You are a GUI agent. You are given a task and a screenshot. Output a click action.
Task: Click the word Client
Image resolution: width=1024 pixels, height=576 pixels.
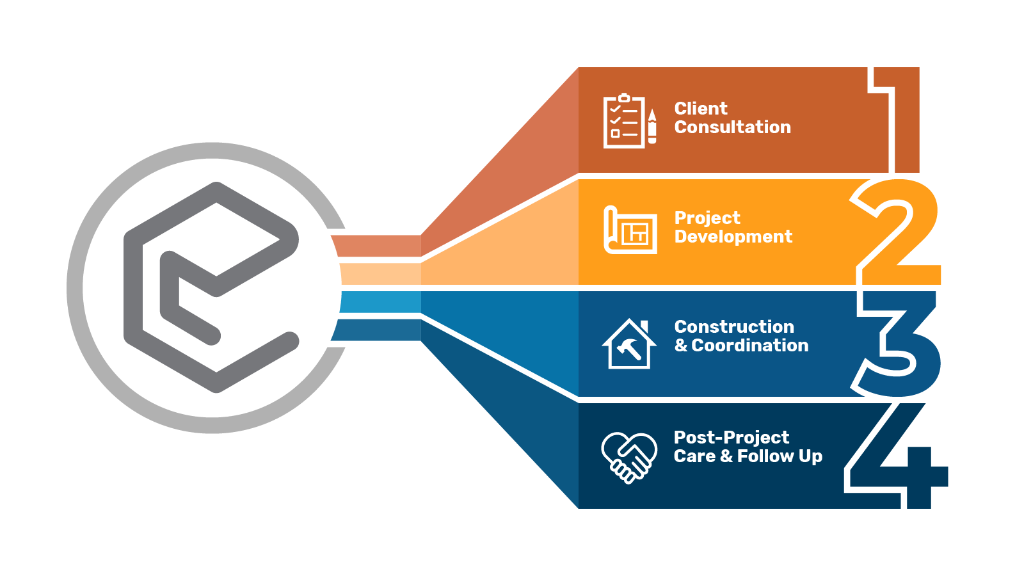701,109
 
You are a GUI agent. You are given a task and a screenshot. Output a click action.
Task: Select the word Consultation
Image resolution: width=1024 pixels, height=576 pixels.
733,127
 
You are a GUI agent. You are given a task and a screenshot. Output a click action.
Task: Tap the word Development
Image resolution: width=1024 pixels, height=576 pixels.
733,237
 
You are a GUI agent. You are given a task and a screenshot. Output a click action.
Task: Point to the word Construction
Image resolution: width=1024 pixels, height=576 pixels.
734,327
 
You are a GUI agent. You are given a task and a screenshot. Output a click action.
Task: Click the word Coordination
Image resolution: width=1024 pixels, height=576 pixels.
750,346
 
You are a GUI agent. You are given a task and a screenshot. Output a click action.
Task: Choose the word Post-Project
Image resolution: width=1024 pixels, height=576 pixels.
732,438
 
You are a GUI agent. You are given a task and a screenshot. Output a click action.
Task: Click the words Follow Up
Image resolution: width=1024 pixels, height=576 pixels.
780,456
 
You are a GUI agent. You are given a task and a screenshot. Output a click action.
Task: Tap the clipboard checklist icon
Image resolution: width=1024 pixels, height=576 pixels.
624,122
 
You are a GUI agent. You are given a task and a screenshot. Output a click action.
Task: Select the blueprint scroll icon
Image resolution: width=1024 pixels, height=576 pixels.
630,230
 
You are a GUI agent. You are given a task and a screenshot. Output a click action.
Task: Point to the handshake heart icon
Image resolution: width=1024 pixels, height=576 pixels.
629,457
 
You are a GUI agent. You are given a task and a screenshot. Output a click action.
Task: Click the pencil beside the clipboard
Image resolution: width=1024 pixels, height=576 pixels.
652,126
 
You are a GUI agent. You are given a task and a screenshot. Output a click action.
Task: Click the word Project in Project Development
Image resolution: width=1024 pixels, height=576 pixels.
707,218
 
